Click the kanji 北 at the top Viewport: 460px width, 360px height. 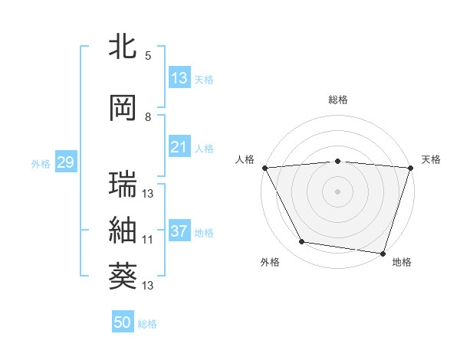123,46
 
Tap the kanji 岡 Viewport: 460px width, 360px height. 123,109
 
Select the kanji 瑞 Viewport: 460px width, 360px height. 123,185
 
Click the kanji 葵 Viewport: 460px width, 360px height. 123,277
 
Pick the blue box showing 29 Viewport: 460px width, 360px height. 64,162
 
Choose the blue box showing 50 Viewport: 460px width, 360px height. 123,322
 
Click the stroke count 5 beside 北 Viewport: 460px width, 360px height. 148,55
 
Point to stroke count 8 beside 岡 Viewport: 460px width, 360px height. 148,117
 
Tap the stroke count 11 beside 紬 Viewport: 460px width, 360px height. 148,240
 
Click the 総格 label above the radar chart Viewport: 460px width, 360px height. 338,100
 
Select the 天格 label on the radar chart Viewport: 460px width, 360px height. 432,159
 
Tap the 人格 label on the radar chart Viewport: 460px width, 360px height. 245,159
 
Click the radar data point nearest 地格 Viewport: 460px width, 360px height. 383,253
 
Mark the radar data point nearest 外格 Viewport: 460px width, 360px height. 302,242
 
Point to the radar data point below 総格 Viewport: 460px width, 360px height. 338,161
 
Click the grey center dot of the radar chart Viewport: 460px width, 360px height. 338,191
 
